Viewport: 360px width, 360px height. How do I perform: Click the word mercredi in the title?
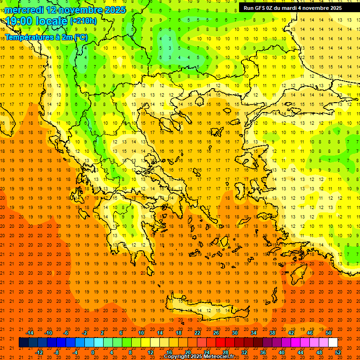(x=25, y=10)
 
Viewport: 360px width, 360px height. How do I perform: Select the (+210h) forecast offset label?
(x=83, y=21)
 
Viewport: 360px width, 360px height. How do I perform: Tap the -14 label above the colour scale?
(x=30, y=333)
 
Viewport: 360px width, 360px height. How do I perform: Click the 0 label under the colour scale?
(x=93, y=352)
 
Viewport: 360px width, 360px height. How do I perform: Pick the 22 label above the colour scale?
(x=197, y=333)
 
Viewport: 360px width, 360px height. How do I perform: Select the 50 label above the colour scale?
(x=328, y=333)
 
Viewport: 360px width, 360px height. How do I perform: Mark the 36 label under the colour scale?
(x=262, y=352)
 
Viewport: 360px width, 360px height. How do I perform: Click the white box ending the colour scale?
(x=333, y=342)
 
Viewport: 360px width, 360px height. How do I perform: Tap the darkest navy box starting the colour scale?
(x=23, y=342)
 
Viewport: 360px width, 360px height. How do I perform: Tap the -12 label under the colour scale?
(x=39, y=352)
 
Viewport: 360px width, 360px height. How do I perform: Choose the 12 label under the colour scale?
(x=151, y=352)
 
